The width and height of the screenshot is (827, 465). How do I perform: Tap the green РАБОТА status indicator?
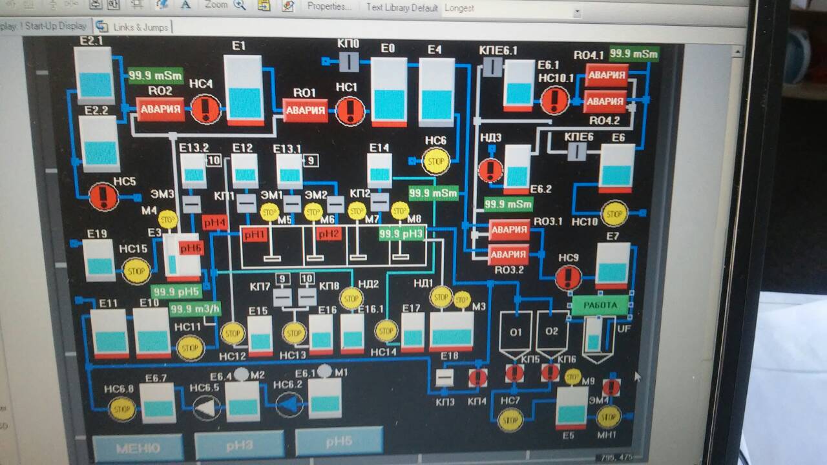(x=600, y=305)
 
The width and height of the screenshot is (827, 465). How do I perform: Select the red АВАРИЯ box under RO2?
(x=160, y=109)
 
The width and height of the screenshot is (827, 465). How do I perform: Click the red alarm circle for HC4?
(x=205, y=108)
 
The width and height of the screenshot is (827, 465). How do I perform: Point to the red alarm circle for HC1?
(x=350, y=110)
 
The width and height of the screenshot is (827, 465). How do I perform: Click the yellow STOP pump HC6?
(x=435, y=161)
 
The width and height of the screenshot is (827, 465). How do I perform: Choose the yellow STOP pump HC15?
(x=136, y=271)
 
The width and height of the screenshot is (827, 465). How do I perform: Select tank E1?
(x=244, y=90)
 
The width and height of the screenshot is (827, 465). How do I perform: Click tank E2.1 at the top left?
(x=94, y=73)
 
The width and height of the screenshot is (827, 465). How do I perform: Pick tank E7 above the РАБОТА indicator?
(x=612, y=265)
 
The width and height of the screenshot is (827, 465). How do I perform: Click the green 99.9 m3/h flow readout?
(x=195, y=309)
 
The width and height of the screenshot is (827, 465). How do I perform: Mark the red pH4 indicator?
(x=215, y=223)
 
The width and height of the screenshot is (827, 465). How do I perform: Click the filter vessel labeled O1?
(x=516, y=333)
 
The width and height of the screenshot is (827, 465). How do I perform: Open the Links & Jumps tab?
(x=134, y=27)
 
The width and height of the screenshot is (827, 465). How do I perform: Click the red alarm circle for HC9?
(x=568, y=278)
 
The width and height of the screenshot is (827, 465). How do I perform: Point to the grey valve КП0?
(x=349, y=62)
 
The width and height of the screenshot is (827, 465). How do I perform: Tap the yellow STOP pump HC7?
(x=510, y=420)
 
